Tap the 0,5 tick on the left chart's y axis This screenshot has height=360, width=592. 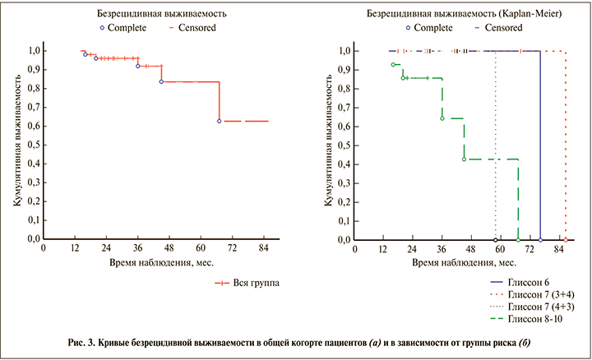coord(34,145)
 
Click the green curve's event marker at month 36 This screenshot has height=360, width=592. coord(442,118)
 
